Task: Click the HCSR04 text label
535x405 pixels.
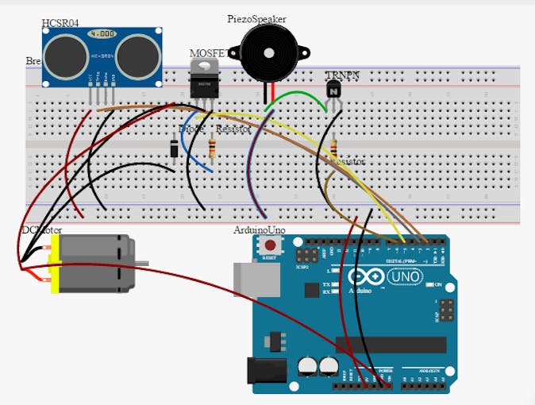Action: [60, 22]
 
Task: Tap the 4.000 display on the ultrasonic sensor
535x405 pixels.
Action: [102, 34]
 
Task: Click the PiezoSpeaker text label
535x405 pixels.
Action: [256, 18]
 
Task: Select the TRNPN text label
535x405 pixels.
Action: [342, 75]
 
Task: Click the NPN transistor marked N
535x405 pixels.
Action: [333, 90]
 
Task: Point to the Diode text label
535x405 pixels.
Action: [191, 129]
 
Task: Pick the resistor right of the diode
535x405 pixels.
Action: [212, 148]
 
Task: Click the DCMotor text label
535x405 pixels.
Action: [41, 229]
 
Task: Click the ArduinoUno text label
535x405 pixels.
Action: [259, 229]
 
